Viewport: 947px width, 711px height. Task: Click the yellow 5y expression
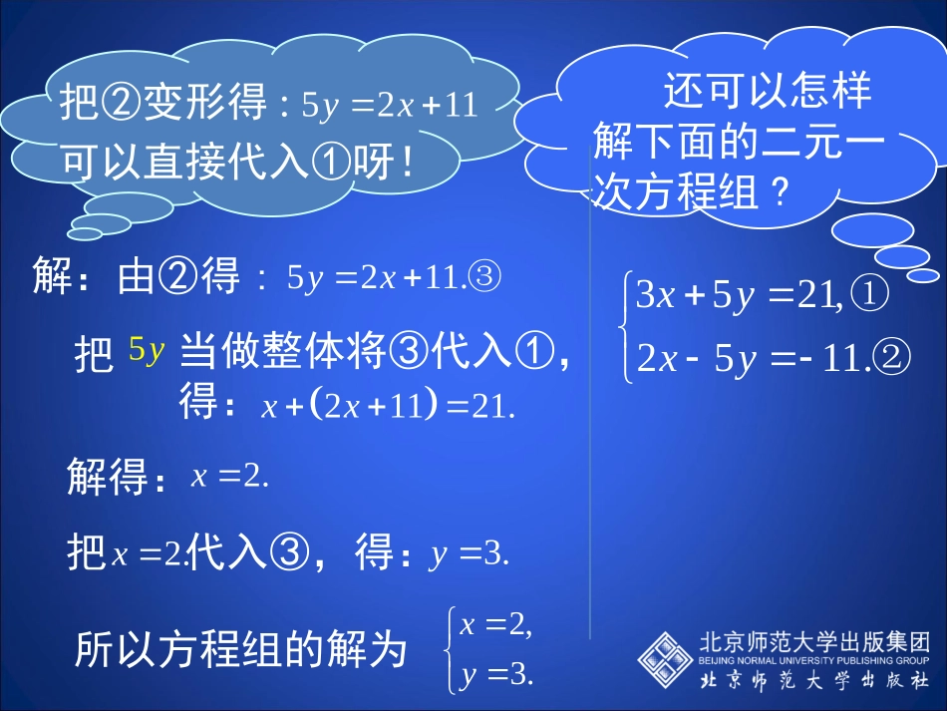tap(147, 350)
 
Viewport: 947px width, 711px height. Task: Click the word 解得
tap(115, 478)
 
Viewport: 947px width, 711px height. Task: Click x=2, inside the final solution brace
tap(495, 625)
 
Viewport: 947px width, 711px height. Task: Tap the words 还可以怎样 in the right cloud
tap(768, 91)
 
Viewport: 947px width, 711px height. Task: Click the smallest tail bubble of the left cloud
tap(85, 234)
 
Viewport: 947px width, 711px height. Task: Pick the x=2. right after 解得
tap(230, 477)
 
